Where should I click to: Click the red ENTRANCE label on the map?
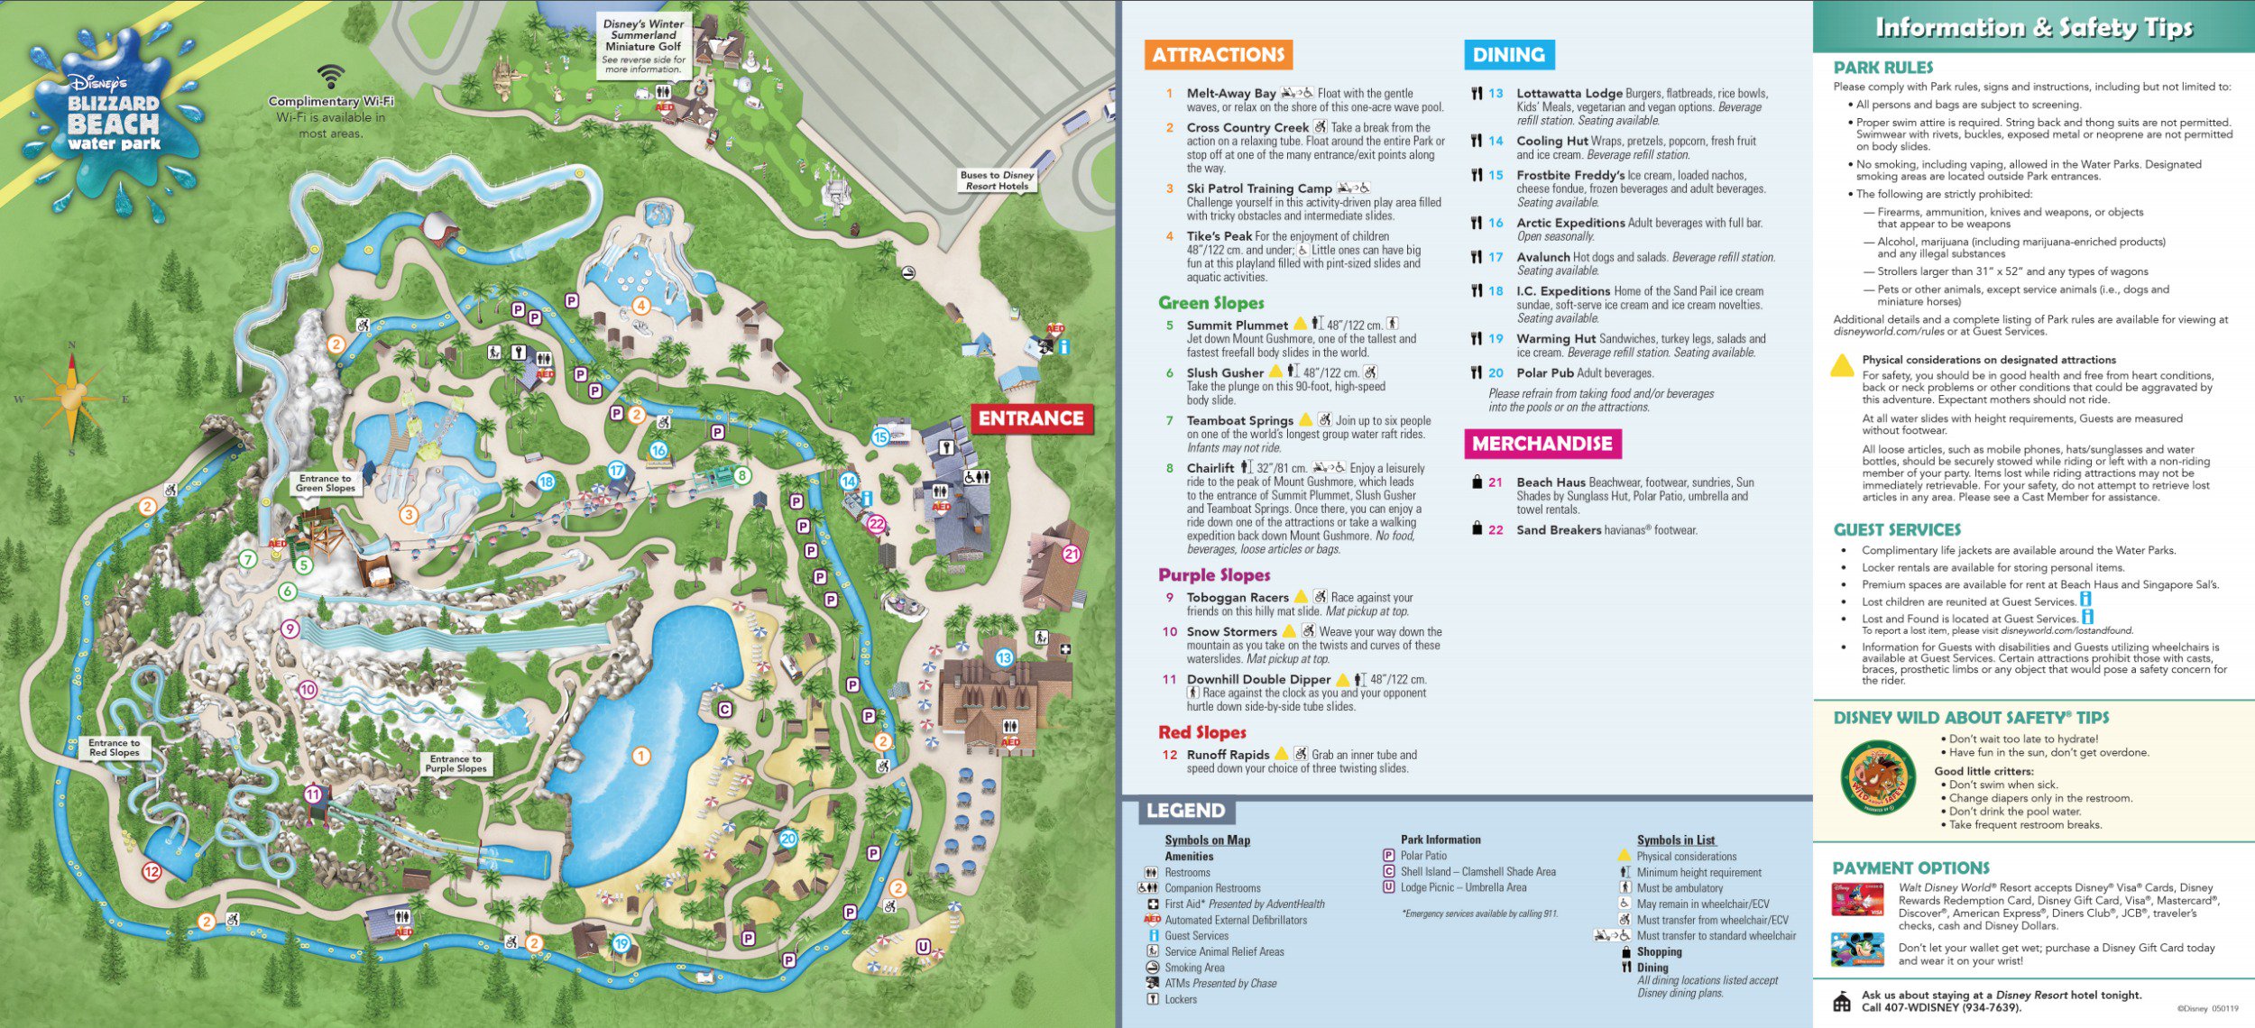coord(1031,418)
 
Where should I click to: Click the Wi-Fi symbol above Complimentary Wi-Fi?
coord(331,78)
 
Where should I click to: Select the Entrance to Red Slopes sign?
coord(115,748)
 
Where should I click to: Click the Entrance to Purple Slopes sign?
coord(456,764)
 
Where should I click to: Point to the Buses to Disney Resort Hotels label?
coord(997,180)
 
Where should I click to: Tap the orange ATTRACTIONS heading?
coord(1218,55)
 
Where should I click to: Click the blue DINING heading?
coord(1508,55)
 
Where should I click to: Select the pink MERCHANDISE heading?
coord(1542,444)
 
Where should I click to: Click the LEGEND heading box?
coord(1185,811)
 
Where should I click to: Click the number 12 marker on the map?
coord(152,872)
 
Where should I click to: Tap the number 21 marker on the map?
coord(1072,555)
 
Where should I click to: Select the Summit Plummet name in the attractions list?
coord(1237,326)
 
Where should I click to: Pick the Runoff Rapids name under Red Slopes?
coord(1228,755)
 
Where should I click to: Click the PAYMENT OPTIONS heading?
coord(1910,868)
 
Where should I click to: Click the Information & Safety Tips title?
coord(2033,28)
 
